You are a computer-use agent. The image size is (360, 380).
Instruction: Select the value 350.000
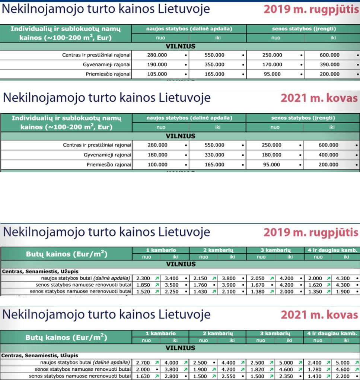[x=214, y=64]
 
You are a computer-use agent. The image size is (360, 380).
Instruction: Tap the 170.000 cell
[x=272, y=64]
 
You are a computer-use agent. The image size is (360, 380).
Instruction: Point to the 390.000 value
[x=329, y=64]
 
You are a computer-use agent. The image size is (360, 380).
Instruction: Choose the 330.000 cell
[x=214, y=155]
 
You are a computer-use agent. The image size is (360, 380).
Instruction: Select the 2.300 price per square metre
[x=143, y=278]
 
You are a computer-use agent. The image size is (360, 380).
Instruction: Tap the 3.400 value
[x=172, y=278]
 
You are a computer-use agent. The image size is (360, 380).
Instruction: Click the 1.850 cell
[x=143, y=285]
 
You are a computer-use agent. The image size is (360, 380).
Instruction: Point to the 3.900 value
[x=229, y=285]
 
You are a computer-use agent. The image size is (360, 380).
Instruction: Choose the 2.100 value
[x=229, y=292]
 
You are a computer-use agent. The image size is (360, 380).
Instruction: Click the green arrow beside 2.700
[x=157, y=362]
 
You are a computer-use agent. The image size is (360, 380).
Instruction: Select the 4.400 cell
[x=229, y=362]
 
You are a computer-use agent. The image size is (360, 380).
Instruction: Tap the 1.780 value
[x=315, y=370]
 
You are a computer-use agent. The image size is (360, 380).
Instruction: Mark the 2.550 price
[x=229, y=376]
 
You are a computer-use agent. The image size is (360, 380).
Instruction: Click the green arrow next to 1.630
[x=157, y=376]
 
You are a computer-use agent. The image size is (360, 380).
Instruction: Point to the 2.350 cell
[x=286, y=376]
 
